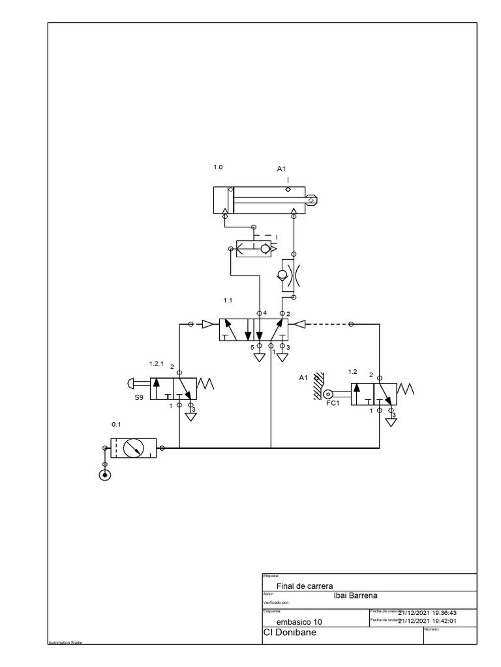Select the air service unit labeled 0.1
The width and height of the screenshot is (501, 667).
(134, 448)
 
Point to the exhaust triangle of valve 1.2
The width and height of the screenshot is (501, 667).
(391, 421)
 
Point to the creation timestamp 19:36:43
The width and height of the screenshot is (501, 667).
(446, 612)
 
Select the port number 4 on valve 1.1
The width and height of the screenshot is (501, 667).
(265, 313)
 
